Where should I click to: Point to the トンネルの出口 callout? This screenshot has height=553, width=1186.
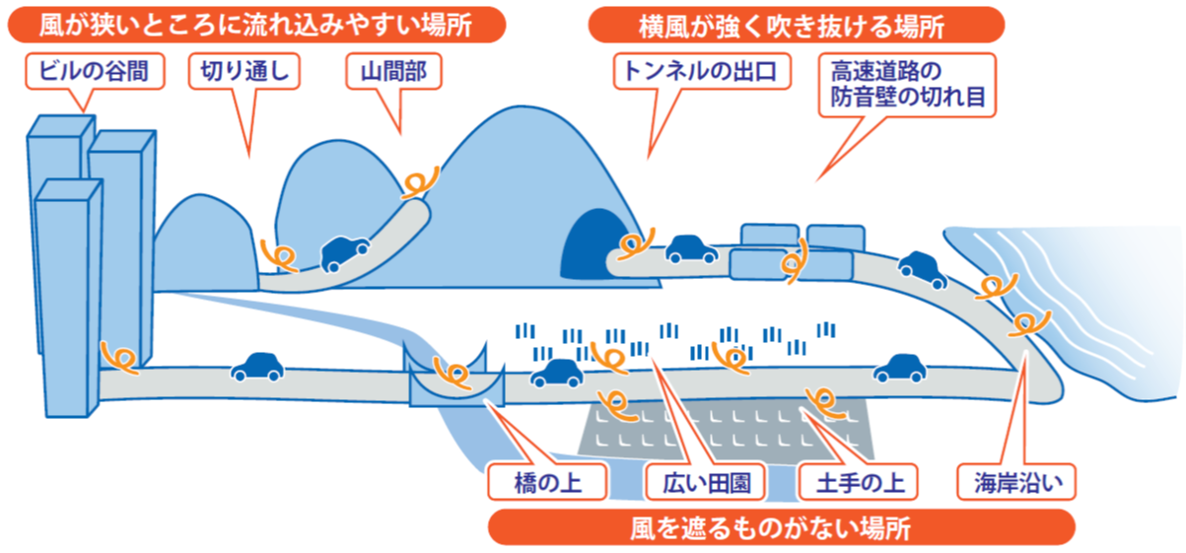(x=703, y=71)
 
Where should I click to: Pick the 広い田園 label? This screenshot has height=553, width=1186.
(x=700, y=482)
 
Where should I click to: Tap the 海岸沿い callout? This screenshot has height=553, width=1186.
(x=1017, y=482)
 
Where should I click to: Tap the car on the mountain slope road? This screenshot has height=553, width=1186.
(x=344, y=251)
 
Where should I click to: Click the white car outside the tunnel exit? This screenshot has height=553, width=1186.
(x=691, y=251)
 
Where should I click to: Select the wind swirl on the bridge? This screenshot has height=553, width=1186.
(x=455, y=376)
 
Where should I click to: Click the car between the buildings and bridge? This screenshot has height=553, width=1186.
(x=256, y=368)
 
